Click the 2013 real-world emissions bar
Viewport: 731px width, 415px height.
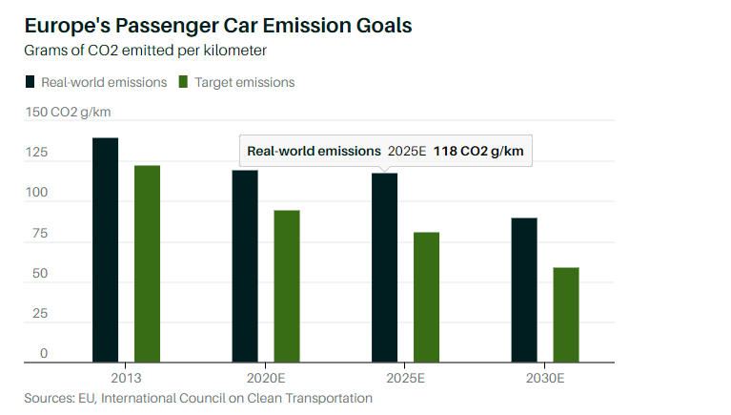tap(105, 250)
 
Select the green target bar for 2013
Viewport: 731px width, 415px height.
tap(147, 264)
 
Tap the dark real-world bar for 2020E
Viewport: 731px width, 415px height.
tap(245, 266)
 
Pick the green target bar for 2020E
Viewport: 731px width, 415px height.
tap(287, 286)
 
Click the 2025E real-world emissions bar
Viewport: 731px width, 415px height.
tap(384, 267)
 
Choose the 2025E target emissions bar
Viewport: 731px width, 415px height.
tap(426, 297)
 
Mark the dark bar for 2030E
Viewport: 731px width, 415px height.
tap(524, 290)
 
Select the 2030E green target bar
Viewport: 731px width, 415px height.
tap(566, 315)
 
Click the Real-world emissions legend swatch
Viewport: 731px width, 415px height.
tap(30, 82)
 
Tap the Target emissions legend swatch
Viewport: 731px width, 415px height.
tap(184, 82)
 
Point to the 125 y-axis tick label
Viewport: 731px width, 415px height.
tap(37, 154)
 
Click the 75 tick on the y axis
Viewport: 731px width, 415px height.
tap(37, 234)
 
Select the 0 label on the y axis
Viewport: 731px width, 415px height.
tap(44, 354)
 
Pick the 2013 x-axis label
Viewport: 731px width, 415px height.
tap(126, 378)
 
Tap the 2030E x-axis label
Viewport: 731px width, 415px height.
tap(545, 378)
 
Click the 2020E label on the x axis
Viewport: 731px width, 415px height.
tap(266, 378)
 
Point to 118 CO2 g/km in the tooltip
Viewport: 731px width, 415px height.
tap(477, 151)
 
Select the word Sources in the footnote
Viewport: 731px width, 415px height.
tap(50, 398)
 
